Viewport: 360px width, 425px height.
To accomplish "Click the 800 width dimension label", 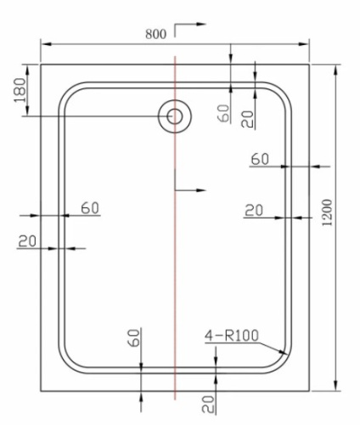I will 155,34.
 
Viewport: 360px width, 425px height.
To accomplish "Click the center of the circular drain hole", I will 174,116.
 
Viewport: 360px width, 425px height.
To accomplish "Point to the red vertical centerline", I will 174,255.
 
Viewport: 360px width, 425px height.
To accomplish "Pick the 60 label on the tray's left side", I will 90,207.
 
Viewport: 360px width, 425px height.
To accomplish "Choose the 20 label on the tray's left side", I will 27,241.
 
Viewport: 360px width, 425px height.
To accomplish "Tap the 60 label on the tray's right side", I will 260,158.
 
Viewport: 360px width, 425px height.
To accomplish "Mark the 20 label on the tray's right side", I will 253,210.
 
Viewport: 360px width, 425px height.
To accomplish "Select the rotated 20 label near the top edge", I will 247,116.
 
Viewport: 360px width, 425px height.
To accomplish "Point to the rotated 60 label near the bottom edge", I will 133,337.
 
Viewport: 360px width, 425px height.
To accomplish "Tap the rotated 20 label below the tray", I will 207,402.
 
